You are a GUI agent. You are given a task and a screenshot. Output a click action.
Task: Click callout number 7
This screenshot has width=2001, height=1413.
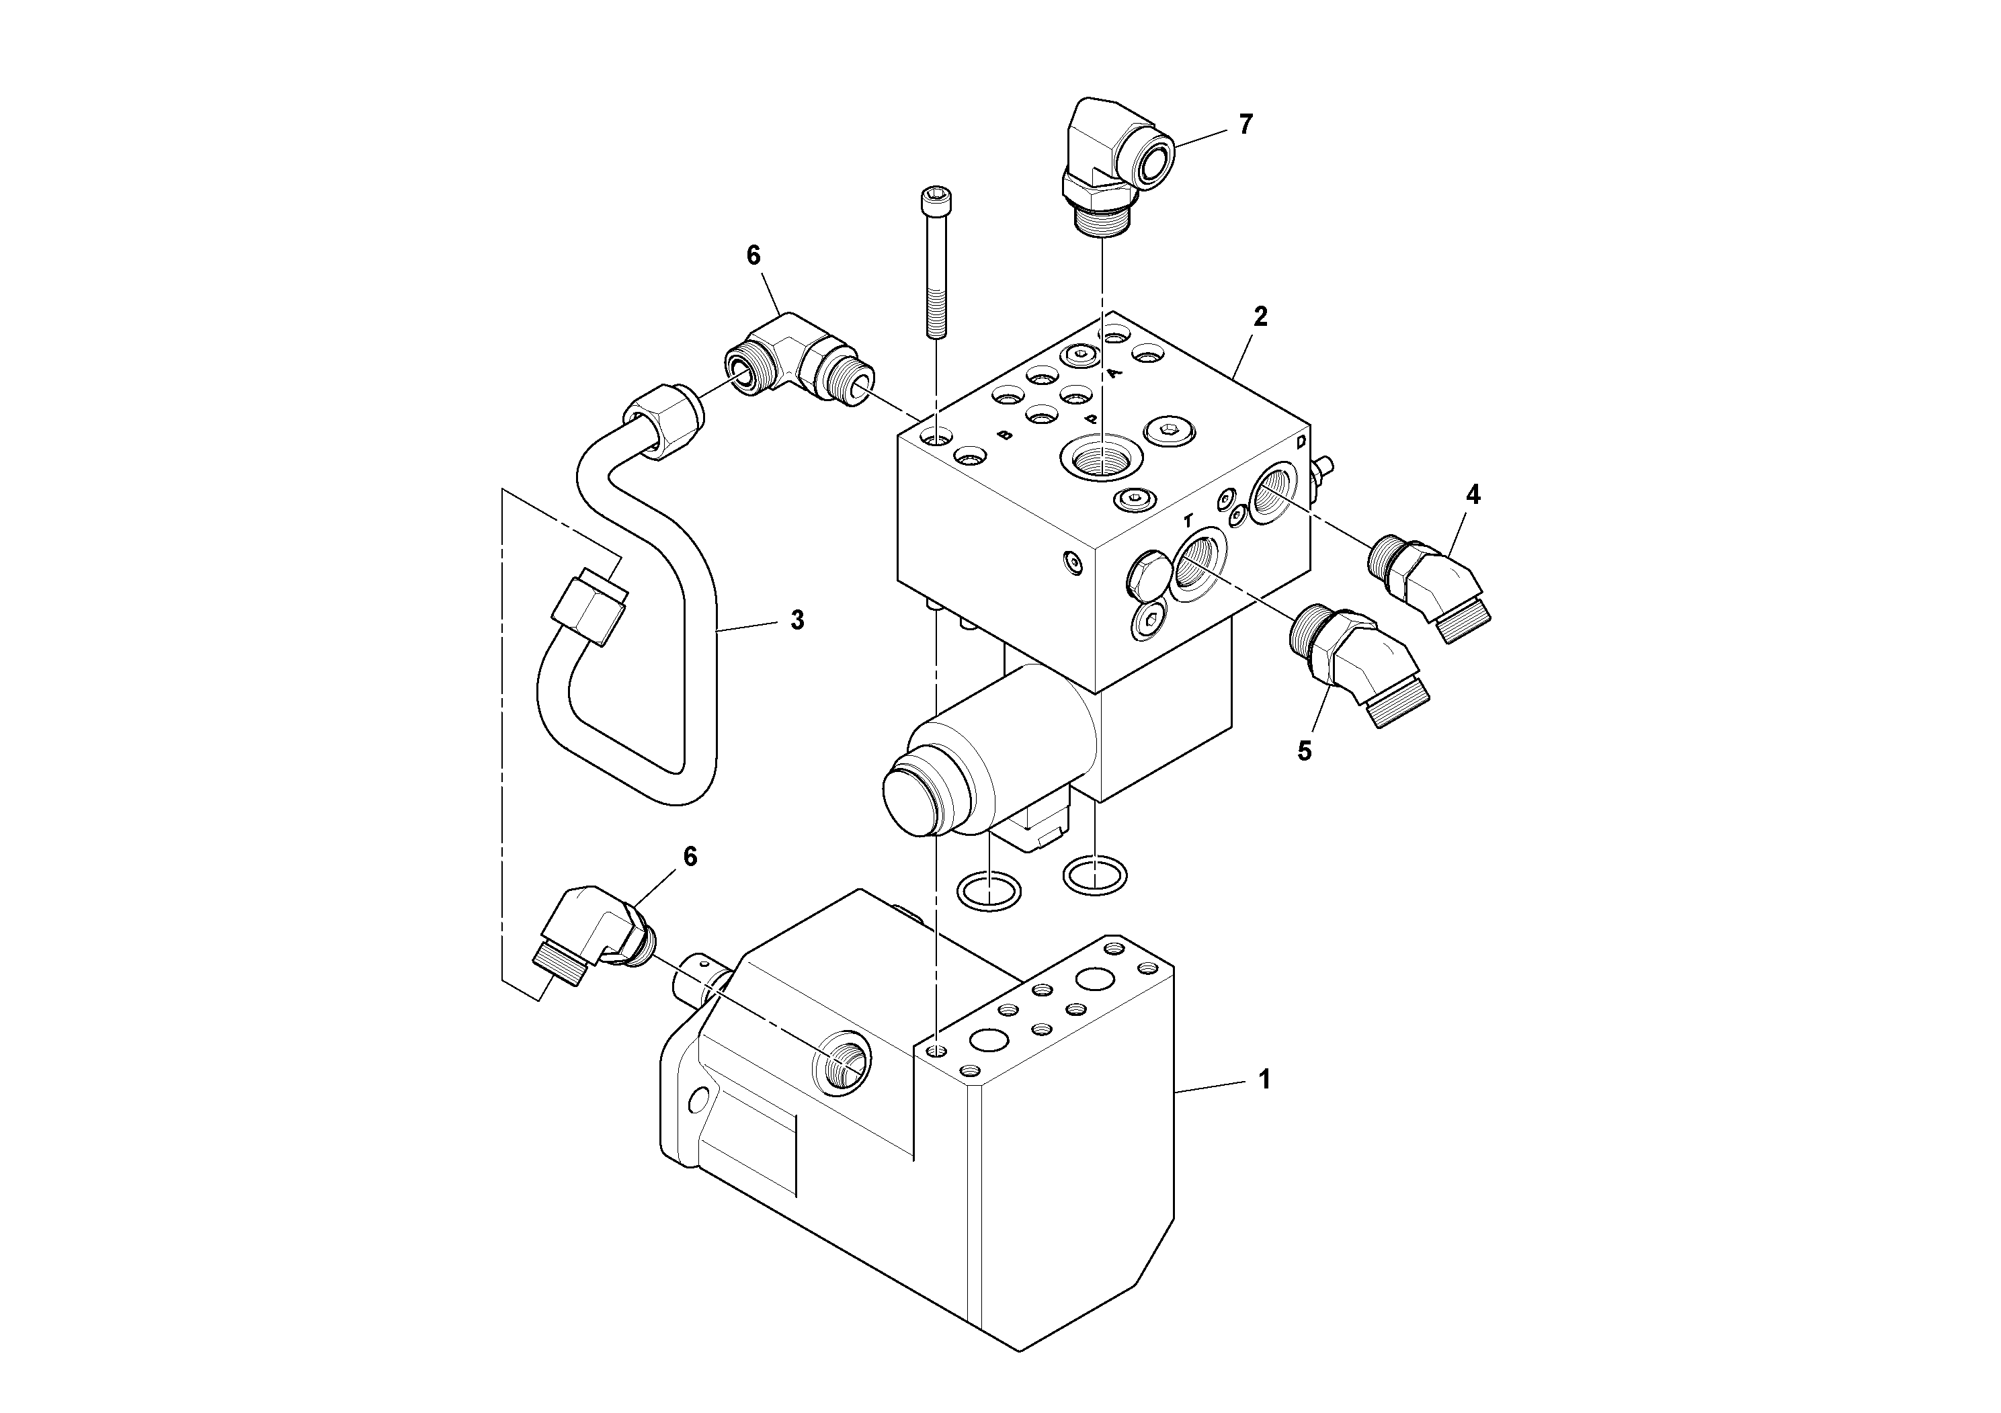1245,124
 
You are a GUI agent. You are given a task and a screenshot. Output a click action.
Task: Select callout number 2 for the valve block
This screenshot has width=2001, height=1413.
1260,317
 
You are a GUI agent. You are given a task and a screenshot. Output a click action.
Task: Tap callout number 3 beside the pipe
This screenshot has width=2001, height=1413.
797,620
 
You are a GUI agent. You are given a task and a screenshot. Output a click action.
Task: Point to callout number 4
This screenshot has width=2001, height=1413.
1472,495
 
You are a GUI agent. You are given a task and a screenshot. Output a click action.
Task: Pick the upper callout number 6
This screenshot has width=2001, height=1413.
753,255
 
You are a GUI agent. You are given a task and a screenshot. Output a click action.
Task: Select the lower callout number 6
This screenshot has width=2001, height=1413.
690,857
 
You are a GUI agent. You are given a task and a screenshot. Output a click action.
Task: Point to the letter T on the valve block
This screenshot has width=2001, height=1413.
1187,521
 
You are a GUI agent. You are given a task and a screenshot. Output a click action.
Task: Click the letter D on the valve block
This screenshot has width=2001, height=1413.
1301,441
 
